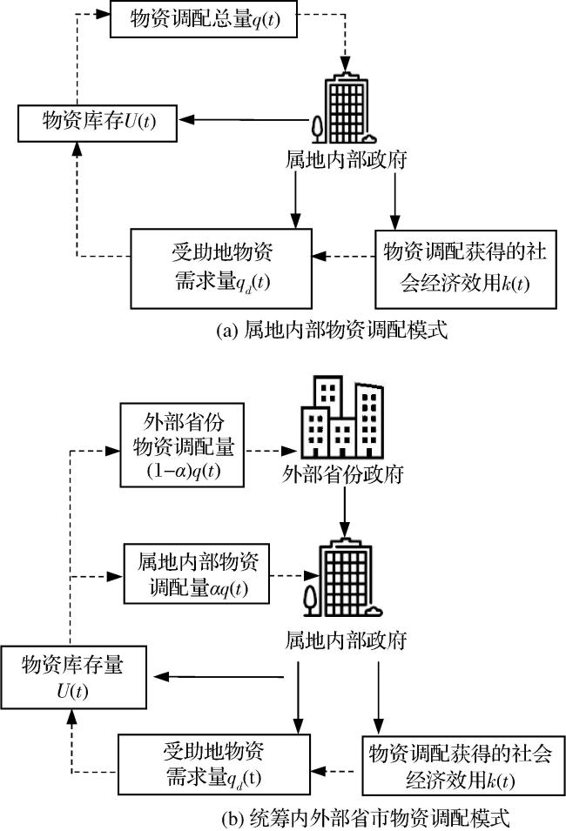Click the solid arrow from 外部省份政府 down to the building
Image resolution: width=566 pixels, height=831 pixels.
coord(344,511)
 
